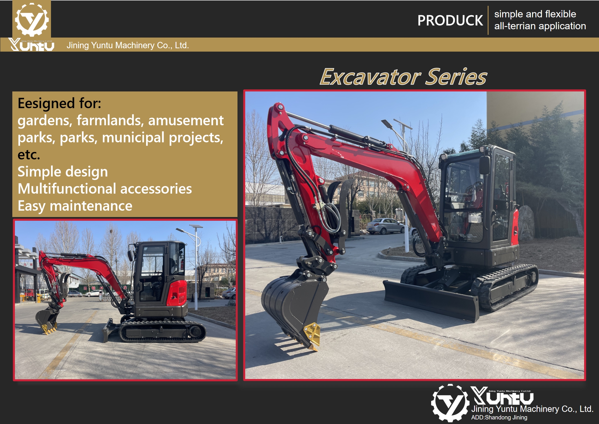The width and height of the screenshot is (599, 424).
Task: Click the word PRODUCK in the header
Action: coord(450,21)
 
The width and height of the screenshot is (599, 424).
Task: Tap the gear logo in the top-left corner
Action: coord(32,19)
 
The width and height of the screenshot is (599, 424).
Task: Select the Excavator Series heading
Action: coord(403,77)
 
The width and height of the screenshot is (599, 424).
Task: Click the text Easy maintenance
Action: coord(75,206)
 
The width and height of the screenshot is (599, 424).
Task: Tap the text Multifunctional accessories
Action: coord(105,189)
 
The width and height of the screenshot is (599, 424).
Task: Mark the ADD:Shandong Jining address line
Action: coord(499,418)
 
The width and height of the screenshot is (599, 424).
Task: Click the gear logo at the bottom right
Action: coord(450,403)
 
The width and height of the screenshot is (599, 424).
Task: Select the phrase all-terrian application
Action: coord(540,26)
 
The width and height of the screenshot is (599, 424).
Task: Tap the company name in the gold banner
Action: coord(128,45)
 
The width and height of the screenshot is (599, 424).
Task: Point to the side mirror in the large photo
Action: coord(485,165)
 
